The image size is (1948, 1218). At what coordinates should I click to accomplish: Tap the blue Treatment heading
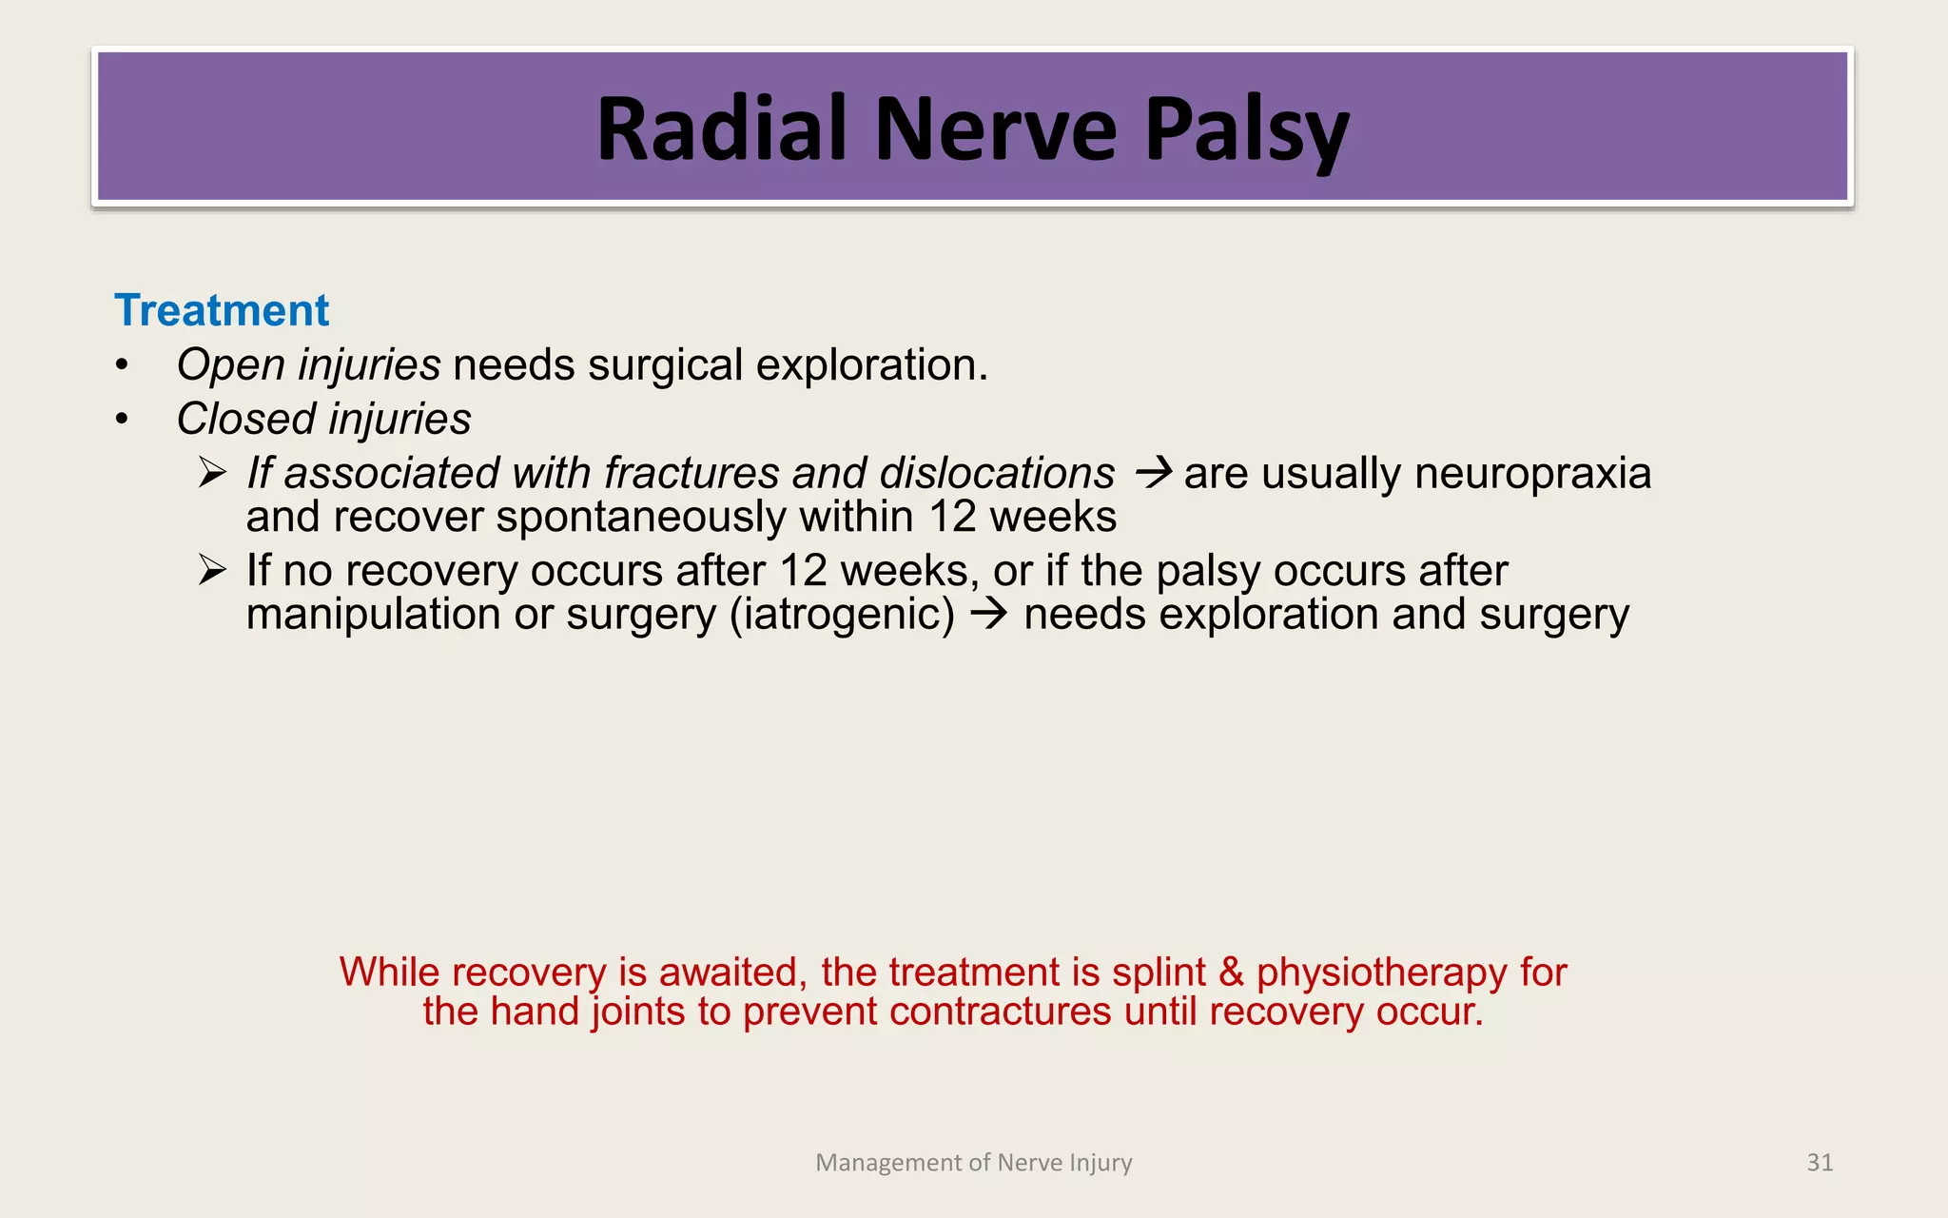coord(222,311)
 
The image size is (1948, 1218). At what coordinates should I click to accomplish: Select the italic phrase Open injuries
coord(308,365)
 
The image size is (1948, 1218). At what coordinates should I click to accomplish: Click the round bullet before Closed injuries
coord(121,420)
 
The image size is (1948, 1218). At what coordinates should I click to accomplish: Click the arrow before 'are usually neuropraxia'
coord(1154,473)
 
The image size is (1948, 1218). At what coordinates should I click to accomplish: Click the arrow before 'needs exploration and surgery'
coord(989,614)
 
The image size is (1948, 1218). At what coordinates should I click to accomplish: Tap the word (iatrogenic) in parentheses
coord(842,614)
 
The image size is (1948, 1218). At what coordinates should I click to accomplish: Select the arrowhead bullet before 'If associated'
coord(212,473)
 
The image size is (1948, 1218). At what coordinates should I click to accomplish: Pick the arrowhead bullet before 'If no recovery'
coord(212,571)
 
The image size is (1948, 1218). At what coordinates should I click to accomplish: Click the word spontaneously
coord(641,517)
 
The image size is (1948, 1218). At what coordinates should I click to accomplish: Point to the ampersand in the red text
coord(1231,972)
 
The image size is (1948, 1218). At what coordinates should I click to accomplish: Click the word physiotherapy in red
coord(1381,972)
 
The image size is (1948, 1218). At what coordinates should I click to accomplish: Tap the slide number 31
coord(1820,1162)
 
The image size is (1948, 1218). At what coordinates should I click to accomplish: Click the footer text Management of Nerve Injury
coord(974,1163)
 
